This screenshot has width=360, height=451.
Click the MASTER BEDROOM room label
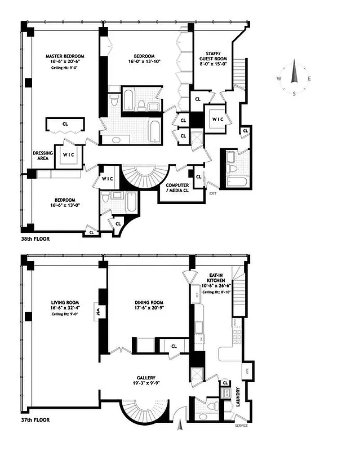pos(65,56)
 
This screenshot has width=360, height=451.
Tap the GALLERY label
pos(145,378)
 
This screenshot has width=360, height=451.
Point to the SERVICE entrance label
pos(241,425)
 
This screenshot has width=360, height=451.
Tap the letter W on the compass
pos(278,79)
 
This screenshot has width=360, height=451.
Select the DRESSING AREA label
pos(43,156)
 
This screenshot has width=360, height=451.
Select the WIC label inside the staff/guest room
pos(217,120)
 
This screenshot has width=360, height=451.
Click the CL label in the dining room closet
pos(174,346)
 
